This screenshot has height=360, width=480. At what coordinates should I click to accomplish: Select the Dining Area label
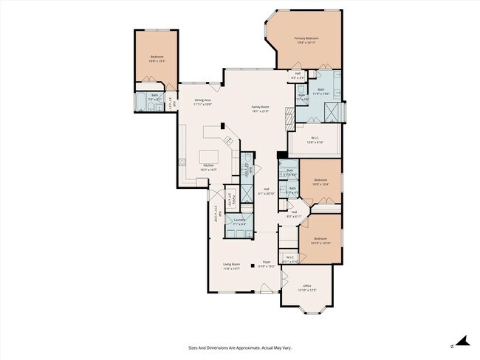(x=202, y=102)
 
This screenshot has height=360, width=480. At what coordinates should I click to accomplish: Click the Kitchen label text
(x=208, y=167)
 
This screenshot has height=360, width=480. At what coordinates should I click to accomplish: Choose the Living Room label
(x=231, y=266)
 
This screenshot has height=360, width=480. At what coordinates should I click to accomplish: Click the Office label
(x=306, y=287)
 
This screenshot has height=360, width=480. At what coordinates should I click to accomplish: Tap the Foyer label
(x=266, y=263)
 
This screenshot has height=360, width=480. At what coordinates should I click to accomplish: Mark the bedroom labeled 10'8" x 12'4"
(x=320, y=181)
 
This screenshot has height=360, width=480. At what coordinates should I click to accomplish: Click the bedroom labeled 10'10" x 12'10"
(x=320, y=240)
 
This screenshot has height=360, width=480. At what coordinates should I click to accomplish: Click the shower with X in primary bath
(x=333, y=111)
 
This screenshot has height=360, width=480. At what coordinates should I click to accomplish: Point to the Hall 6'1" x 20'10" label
(x=267, y=190)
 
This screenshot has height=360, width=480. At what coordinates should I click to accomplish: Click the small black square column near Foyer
(x=252, y=264)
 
